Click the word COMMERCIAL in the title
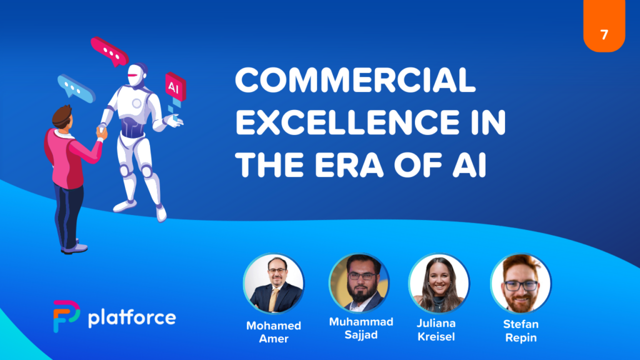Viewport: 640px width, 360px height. click(x=355, y=80)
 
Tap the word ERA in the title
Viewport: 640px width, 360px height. click(x=349, y=165)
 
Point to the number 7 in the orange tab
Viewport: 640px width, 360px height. click(x=604, y=35)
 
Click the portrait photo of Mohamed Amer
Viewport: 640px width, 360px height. click(x=274, y=284)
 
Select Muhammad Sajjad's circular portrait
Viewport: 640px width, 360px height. click(x=359, y=283)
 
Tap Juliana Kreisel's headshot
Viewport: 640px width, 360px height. click(x=439, y=284)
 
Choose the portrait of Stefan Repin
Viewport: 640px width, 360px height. click(x=521, y=284)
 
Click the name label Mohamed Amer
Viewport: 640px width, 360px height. click(x=274, y=332)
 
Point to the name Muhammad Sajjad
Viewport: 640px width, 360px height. click(x=361, y=328)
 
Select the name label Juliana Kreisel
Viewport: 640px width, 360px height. click(x=436, y=330)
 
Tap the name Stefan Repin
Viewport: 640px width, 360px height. click(x=521, y=331)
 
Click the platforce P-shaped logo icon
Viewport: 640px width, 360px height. click(x=65, y=316)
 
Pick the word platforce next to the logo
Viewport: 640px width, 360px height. click(x=132, y=317)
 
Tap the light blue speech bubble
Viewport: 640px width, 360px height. click(x=76, y=88)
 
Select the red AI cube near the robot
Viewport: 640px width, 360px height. click(x=176, y=86)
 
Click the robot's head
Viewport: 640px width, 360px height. click(x=137, y=75)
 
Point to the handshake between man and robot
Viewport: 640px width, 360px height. click(x=102, y=131)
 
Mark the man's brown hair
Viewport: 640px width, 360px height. click(x=62, y=116)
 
